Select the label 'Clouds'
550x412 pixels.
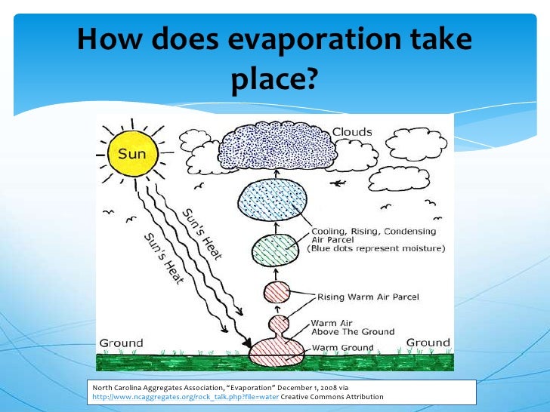[x=353, y=132]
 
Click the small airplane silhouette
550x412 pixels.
[x=338, y=183]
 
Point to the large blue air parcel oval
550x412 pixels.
[x=270, y=201]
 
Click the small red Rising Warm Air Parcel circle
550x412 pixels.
[x=277, y=294]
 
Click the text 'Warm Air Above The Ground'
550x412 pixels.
[x=352, y=326]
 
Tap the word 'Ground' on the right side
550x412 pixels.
[x=428, y=343]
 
